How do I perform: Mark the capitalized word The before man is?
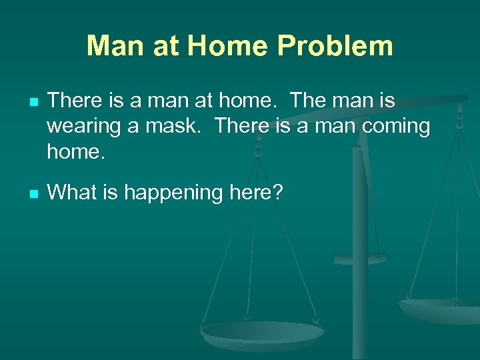312,101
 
